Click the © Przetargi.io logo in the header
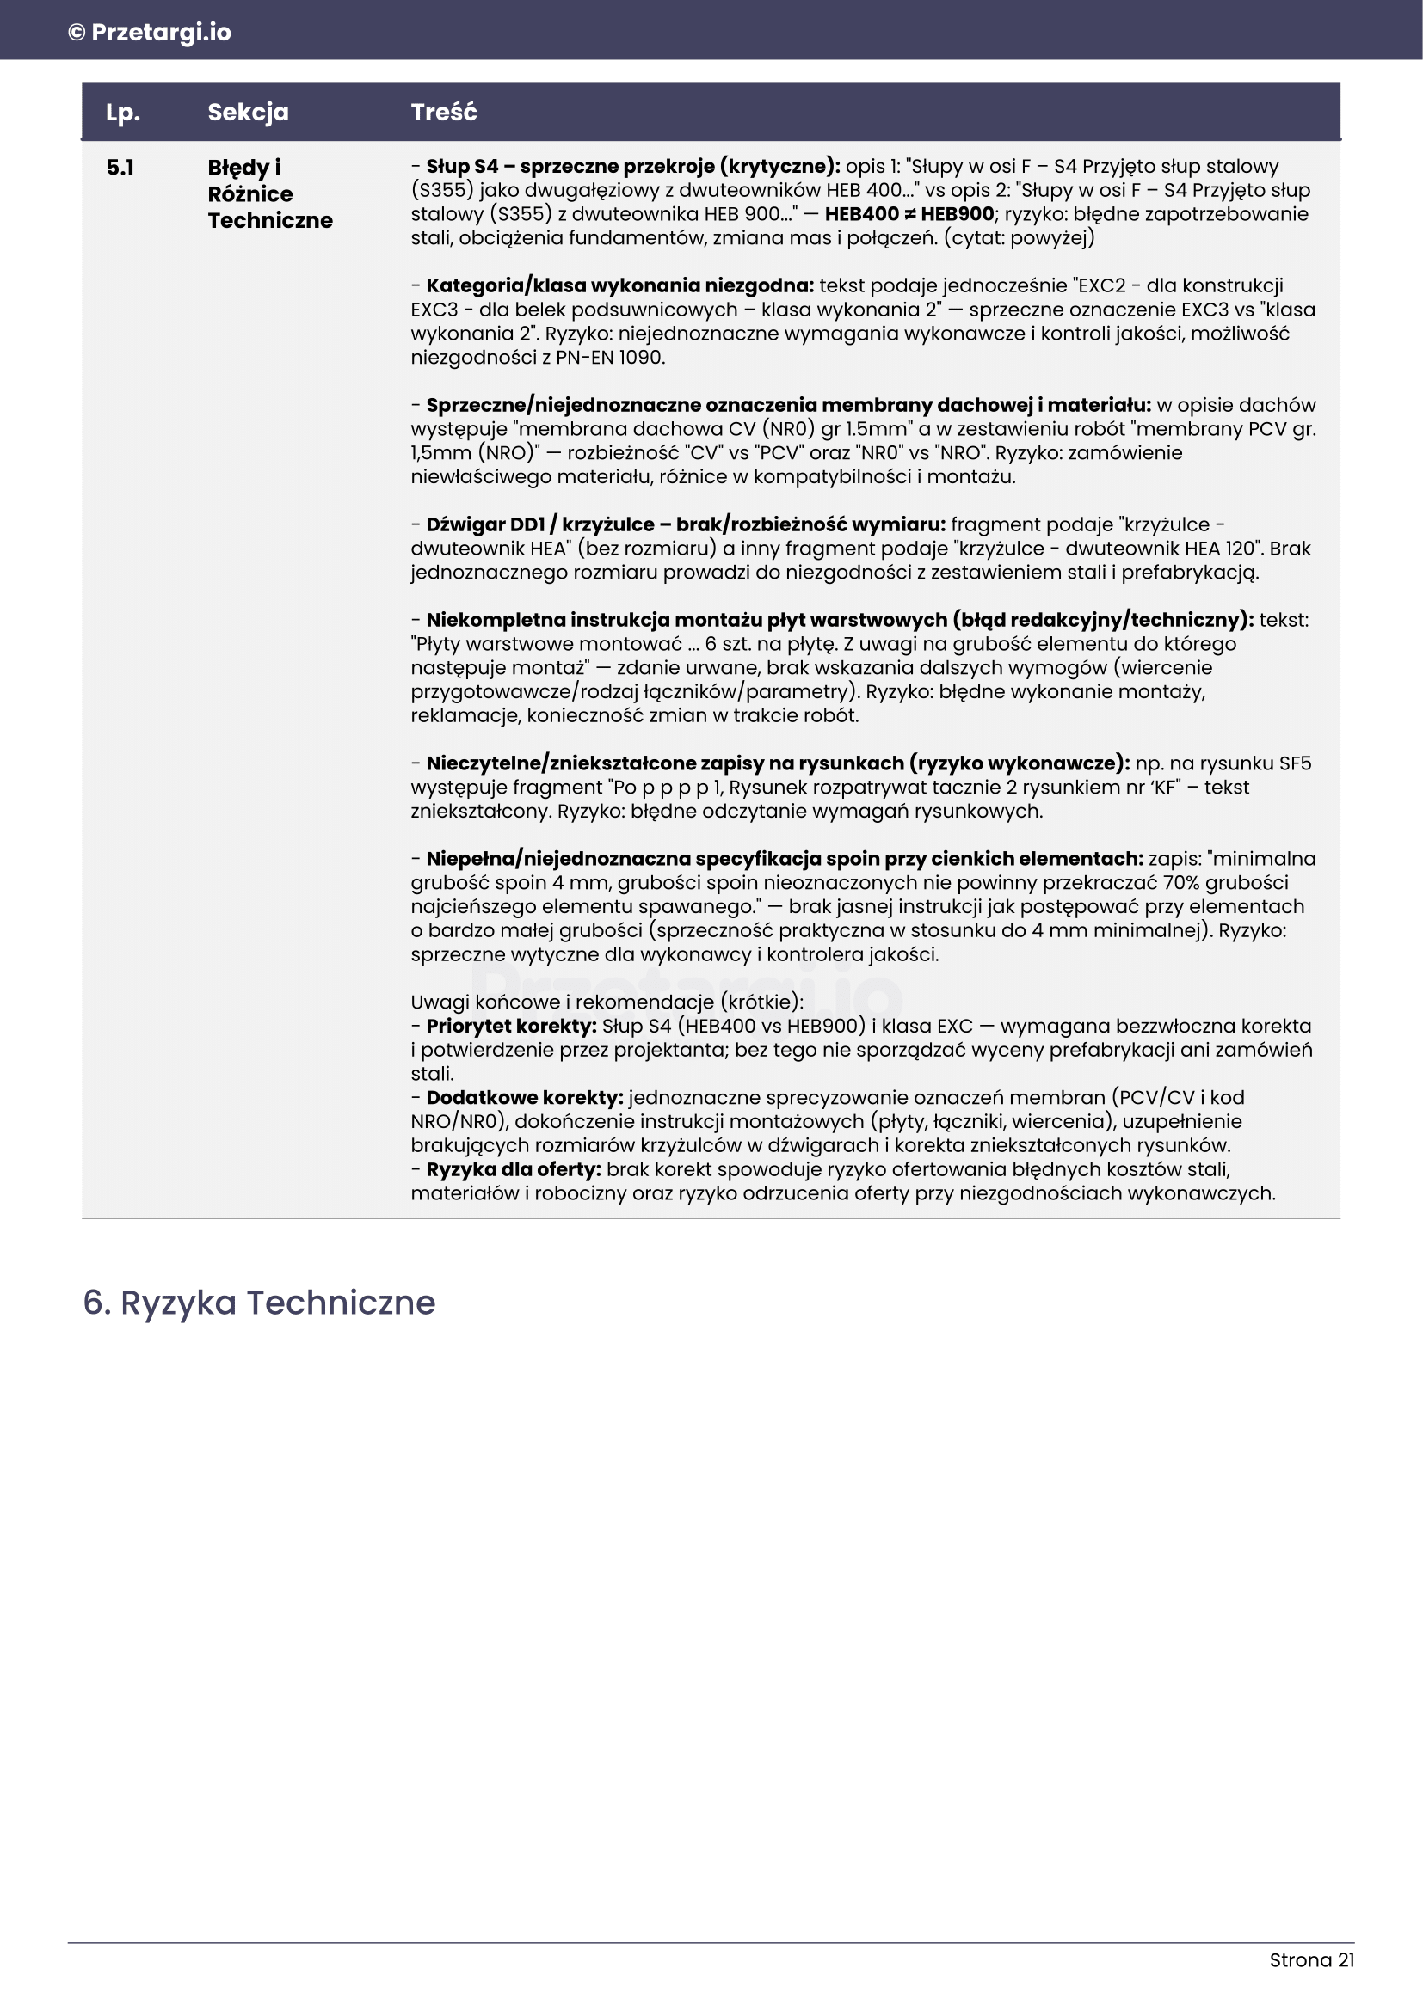tap(150, 33)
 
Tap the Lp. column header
tap(123, 112)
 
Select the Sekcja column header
tap(248, 112)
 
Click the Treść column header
tap(443, 112)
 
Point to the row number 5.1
tap(120, 168)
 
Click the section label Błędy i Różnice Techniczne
tap(270, 193)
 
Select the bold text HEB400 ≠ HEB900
tap(909, 215)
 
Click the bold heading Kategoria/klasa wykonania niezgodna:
tap(619, 285)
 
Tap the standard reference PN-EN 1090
tap(610, 358)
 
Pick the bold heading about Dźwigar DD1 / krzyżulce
tap(685, 524)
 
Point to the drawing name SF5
tap(1294, 763)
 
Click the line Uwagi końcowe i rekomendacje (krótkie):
tap(607, 1002)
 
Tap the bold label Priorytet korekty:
tap(511, 1027)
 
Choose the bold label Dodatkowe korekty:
tap(524, 1098)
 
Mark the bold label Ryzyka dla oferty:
tap(514, 1170)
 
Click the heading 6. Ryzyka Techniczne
tap(259, 1303)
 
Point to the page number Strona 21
tap(1311, 1960)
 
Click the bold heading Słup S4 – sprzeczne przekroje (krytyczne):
tap(632, 167)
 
